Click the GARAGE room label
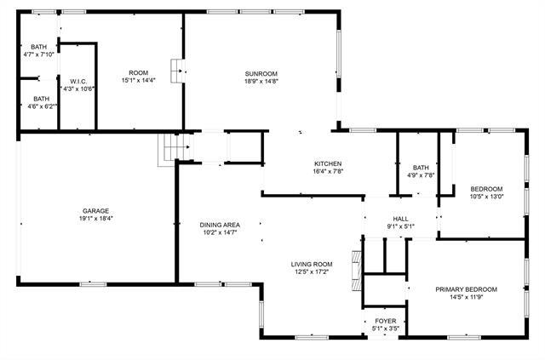[96, 210]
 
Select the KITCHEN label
[328, 163]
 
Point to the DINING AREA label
[218, 225]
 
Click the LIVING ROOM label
[311, 264]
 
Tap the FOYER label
[385, 321]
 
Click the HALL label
[400, 219]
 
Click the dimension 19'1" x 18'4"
[96, 219]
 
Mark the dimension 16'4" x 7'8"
[328, 171]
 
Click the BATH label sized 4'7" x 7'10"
[39, 47]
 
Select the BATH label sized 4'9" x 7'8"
[421, 168]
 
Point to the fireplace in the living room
[358, 260]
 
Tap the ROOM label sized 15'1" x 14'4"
[138, 73]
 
